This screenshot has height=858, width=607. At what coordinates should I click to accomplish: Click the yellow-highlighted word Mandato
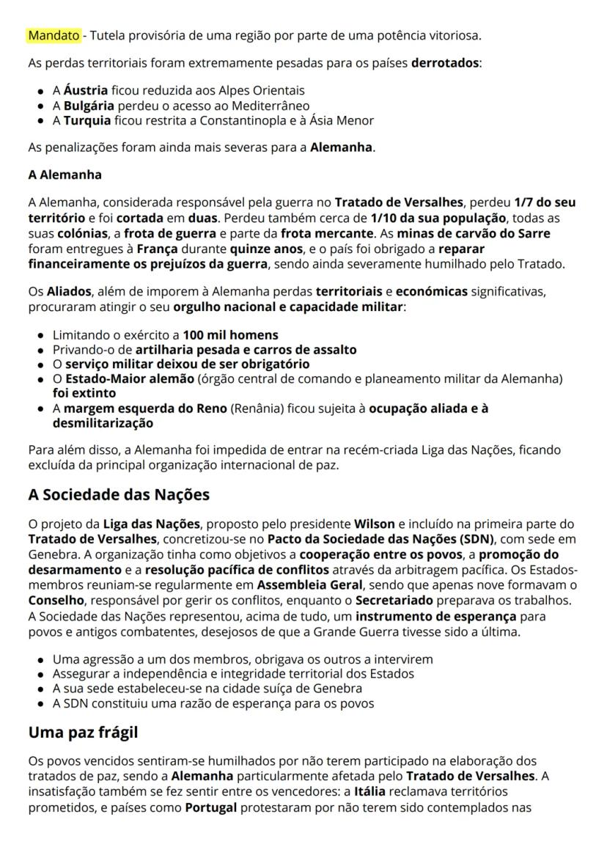tap(54, 35)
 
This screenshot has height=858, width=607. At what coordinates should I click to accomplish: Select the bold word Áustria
tap(85, 91)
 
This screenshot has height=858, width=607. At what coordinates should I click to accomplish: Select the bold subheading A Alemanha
tap(65, 175)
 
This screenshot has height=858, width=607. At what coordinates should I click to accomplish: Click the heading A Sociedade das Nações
tap(119, 494)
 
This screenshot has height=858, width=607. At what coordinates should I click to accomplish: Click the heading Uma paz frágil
tap(83, 732)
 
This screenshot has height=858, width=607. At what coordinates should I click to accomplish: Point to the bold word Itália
tap(370, 792)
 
